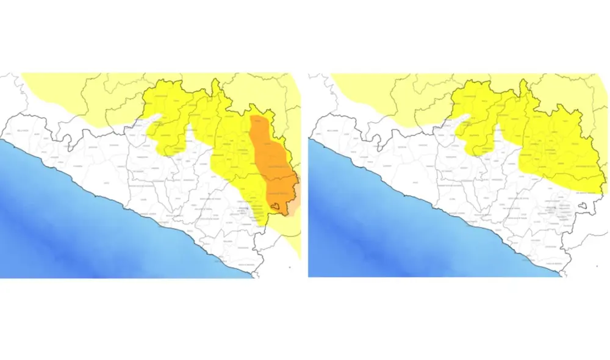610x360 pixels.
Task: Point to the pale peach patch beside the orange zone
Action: (294, 207)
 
